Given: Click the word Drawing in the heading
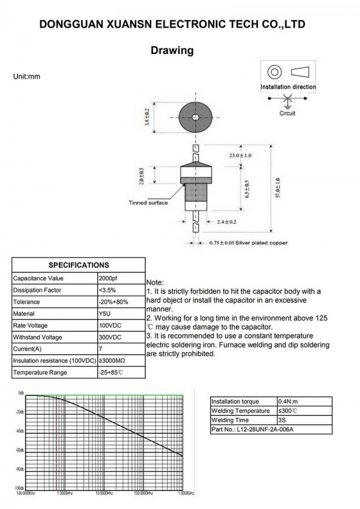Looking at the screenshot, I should point(172,50).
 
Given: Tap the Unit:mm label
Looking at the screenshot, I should point(26,77).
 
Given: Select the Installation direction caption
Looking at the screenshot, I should point(288,87).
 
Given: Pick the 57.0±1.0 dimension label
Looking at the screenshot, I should point(278,191).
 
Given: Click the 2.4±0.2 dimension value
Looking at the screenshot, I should point(226,221).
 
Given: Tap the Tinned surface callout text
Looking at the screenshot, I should point(148,202).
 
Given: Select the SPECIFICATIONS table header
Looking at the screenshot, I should point(79,265).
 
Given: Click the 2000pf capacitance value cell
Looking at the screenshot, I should point(109,279).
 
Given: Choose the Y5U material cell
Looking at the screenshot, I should point(104,313).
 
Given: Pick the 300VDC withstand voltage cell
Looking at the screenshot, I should point(109,337).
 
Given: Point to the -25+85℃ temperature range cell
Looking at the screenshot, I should point(111,372).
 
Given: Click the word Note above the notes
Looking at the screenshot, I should point(155,282).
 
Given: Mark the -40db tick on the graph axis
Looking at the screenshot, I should point(19,431).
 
